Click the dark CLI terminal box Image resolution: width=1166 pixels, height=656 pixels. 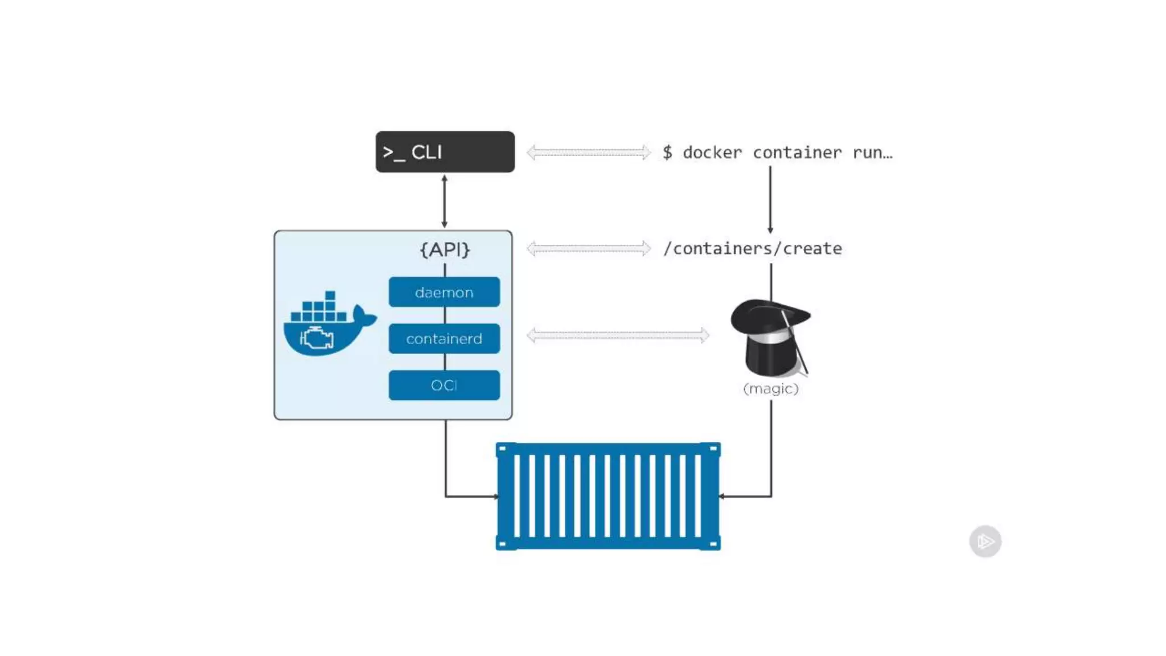tap(445, 152)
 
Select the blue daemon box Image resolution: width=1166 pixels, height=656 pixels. tap(444, 292)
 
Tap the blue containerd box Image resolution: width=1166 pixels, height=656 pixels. tap(444, 339)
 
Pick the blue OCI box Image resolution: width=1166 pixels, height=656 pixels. tap(444, 386)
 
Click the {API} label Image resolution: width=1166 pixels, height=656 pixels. tap(445, 249)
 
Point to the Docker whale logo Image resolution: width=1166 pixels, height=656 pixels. tap(329, 325)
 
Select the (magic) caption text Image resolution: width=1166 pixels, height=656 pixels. tap(771, 389)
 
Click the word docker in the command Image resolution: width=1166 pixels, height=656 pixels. tap(712, 153)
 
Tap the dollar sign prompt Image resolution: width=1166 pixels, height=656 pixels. tap(667, 153)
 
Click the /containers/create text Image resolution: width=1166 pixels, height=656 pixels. tap(752, 249)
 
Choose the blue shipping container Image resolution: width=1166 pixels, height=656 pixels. tap(608, 496)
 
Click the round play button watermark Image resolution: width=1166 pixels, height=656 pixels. tap(985, 541)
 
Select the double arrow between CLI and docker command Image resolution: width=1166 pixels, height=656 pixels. tap(588, 152)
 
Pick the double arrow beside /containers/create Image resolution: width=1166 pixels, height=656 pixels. tap(588, 248)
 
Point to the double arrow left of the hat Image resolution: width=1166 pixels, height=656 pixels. tap(618, 335)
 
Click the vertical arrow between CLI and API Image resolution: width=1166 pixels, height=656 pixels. tap(445, 202)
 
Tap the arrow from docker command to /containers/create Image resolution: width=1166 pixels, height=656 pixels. tap(770, 199)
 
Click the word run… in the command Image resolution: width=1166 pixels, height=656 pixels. tap(872, 153)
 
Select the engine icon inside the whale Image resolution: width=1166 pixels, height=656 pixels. tap(317, 338)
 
